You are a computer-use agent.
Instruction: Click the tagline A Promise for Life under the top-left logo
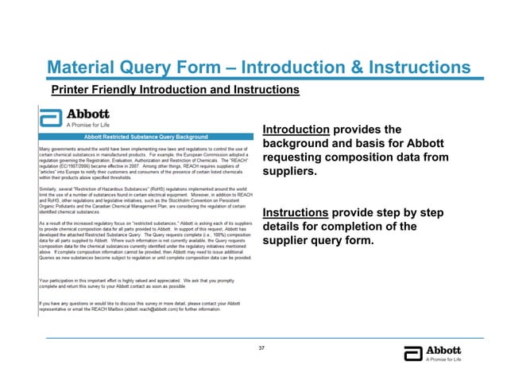[x=87, y=125]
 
